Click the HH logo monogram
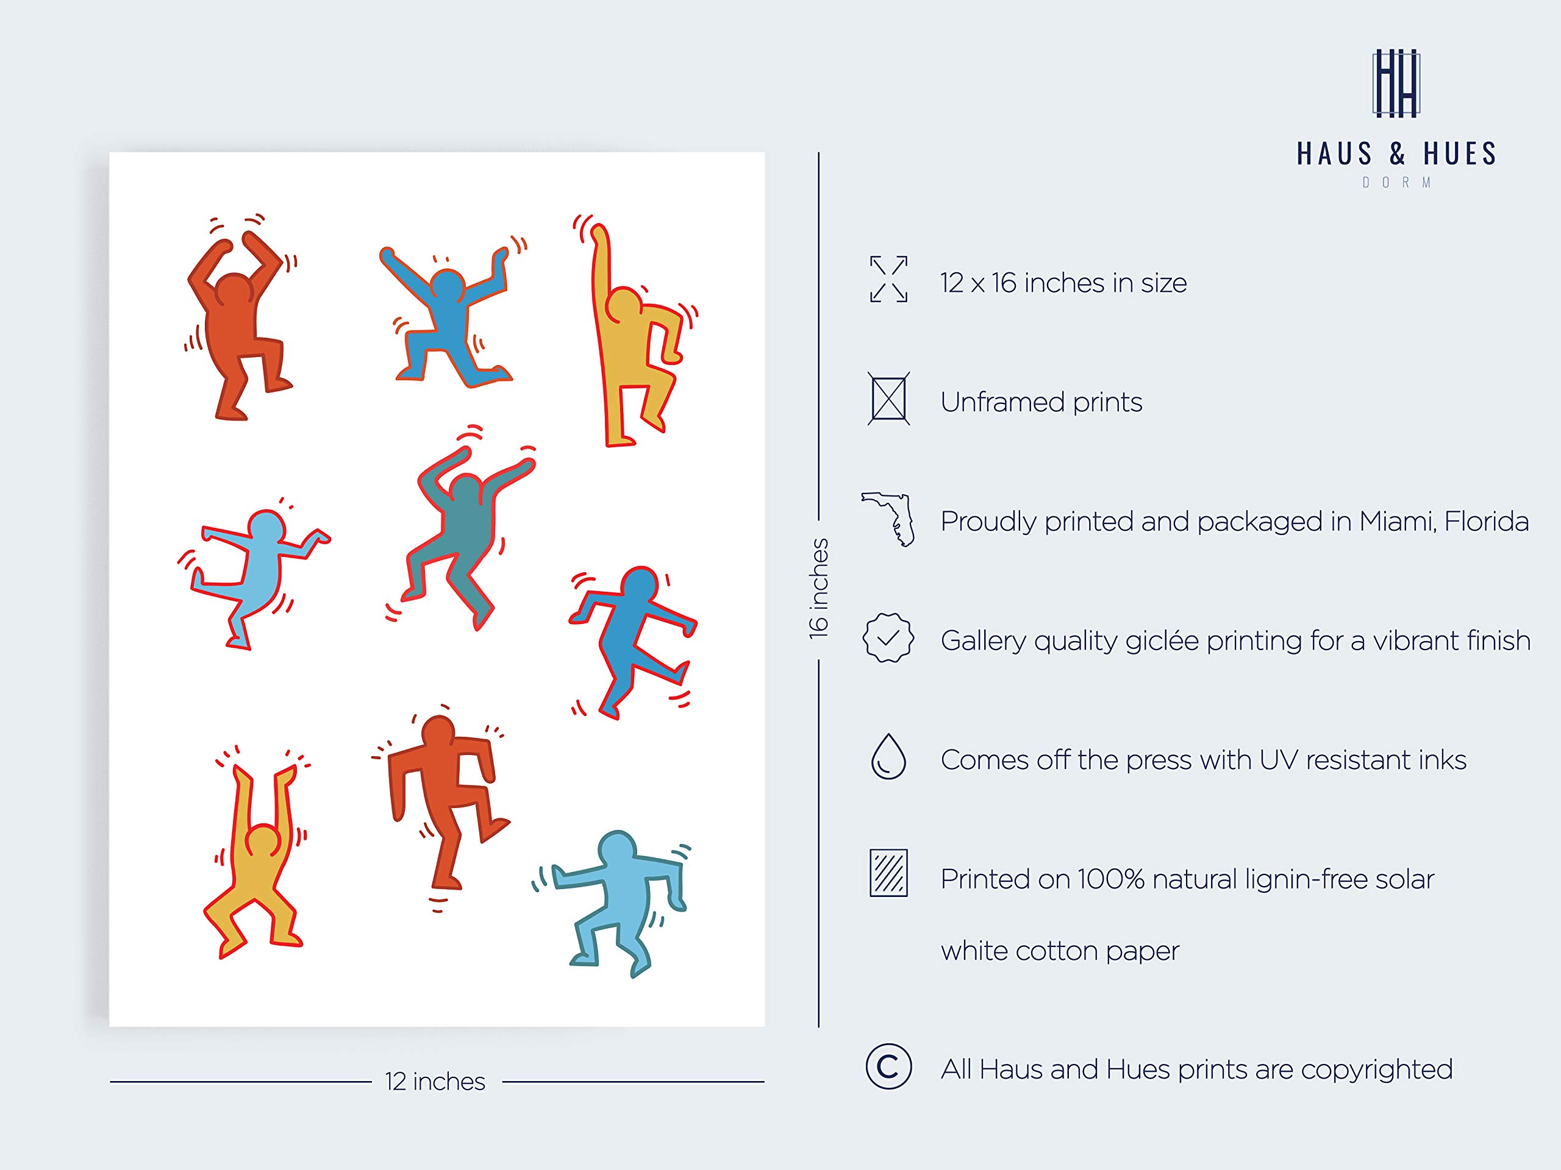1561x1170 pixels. [x=1395, y=83]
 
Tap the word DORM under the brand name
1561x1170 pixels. [x=1396, y=183]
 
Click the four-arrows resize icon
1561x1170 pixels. [x=888, y=279]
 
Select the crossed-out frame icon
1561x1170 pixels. [x=888, y=399]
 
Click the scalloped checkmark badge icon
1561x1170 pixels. [x=888, y=637]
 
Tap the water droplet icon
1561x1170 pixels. [x=888, y=757]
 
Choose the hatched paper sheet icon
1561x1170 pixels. [x=888, y=873]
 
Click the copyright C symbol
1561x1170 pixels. [x=888, y=1067]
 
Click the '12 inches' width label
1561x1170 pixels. [x=435, y=1082]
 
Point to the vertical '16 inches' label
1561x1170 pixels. [x=818, y=589]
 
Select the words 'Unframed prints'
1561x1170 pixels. [x=1041, y=402]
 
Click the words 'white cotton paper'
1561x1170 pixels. [x=1059, y=951]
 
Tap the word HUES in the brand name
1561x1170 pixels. [x=1459, y=154]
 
